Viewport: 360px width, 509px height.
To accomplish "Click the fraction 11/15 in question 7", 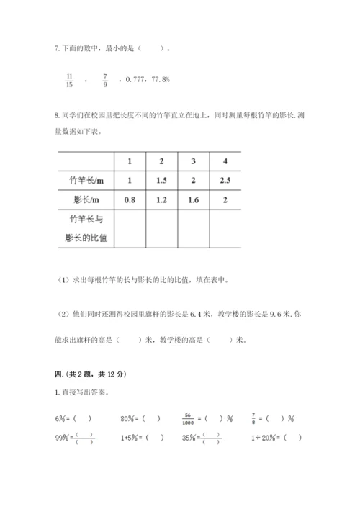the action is pyautogui.click(x=68, y=79).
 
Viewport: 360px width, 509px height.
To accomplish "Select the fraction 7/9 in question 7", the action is pyautogui.click(x=105, y=79).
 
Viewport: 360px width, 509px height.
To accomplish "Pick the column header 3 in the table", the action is pyautogui.click(x=193, y=160).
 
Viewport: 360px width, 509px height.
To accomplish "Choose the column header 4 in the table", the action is pyautogui.click(x=225, y=160).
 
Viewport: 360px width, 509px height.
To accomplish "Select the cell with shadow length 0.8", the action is pyautogui.click(x=130, y=199).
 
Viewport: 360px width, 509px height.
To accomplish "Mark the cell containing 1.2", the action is pyautogui.click(x=161, y=199).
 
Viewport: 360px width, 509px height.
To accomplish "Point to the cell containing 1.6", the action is pyautogui.click(x=193, y=199).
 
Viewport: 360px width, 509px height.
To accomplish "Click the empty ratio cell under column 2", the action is pyautogui.click(x=161, y=228).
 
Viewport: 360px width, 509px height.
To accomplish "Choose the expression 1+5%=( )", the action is pyautogui.click(x=143, y=437).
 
